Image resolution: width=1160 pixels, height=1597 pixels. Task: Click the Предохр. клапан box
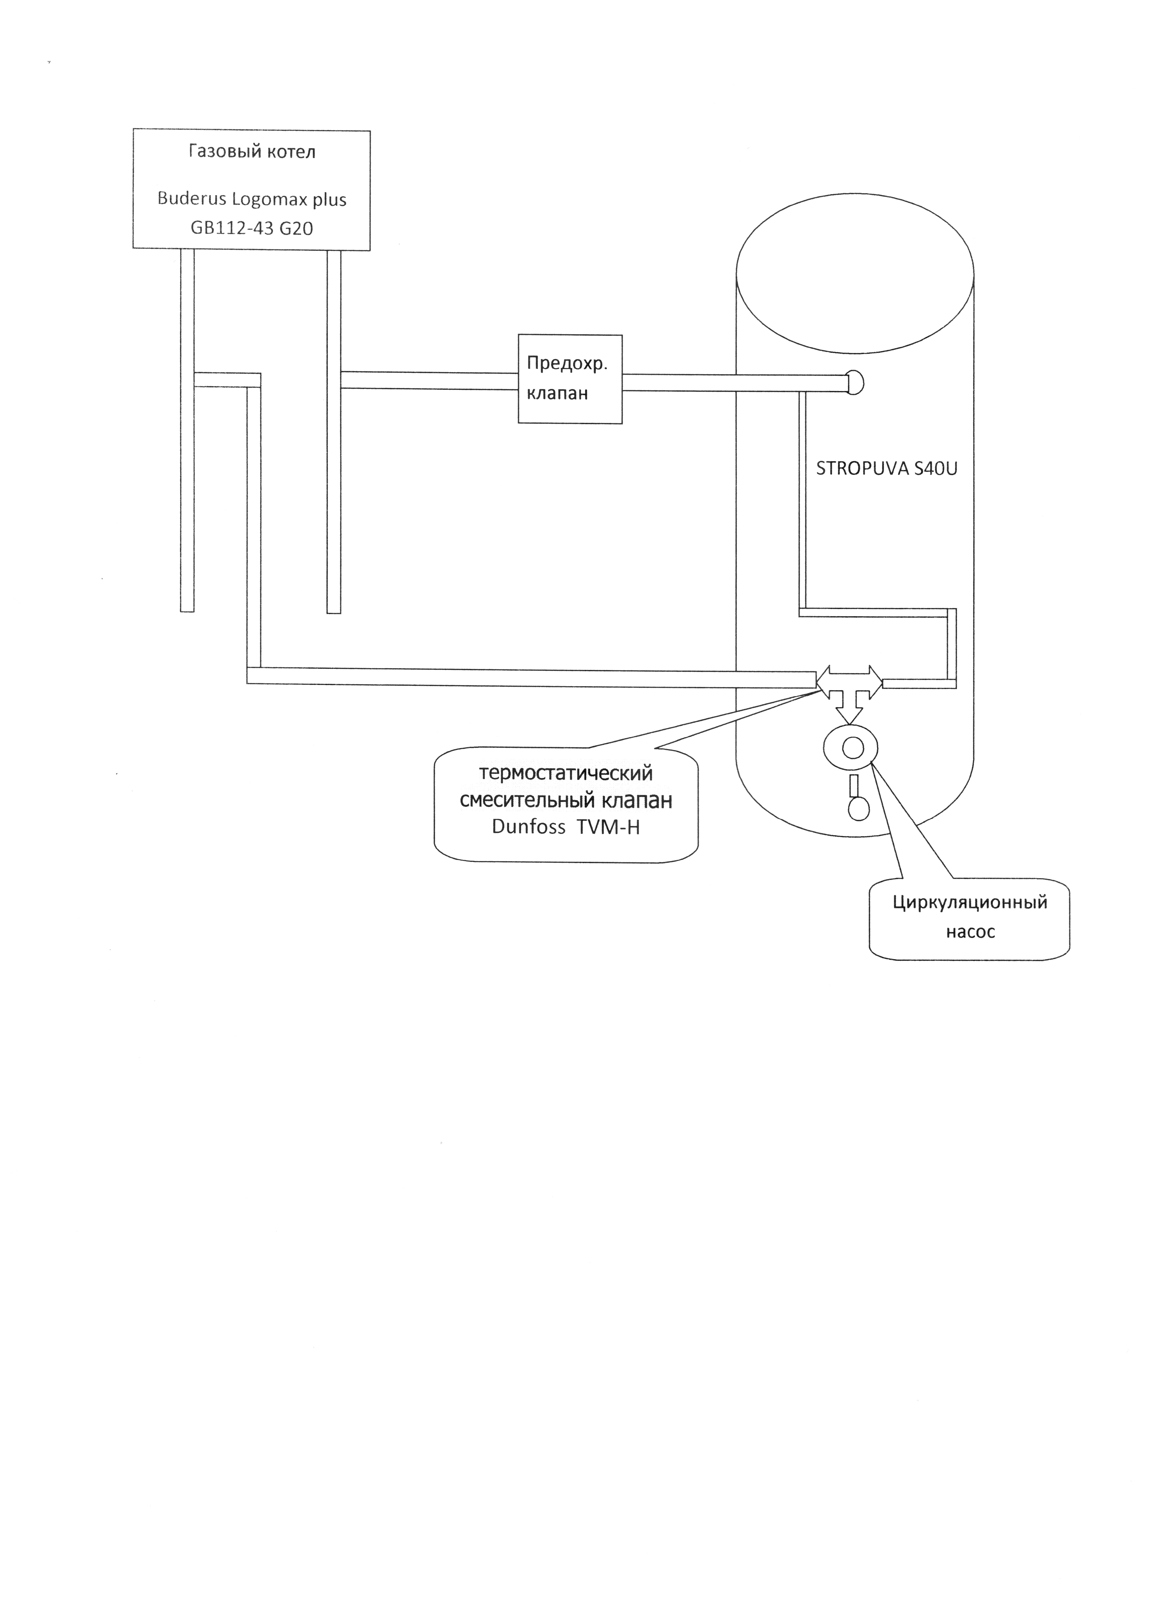(x=570, y=379)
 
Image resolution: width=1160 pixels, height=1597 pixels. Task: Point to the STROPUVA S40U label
(x=887, y=469)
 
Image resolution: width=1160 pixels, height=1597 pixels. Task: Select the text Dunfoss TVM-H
(x=566, y=827)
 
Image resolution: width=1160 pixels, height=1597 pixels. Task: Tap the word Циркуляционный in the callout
(x=970, y=903)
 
